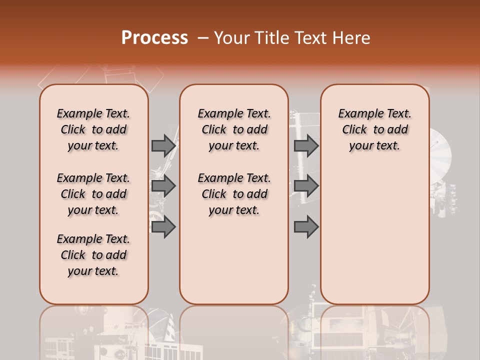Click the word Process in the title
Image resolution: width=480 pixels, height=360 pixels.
point(154,38)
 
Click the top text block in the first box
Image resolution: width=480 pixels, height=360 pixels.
point(93,129)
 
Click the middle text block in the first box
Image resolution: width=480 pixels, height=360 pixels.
point(93,194)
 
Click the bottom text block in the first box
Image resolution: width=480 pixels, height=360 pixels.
point(93,255)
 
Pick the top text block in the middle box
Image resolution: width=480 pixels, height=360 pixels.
point(234,129)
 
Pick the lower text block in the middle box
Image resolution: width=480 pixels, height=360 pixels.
point(234,194)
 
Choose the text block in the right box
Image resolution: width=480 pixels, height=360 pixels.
point(374,129)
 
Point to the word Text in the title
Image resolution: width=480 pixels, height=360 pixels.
point(311,38)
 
